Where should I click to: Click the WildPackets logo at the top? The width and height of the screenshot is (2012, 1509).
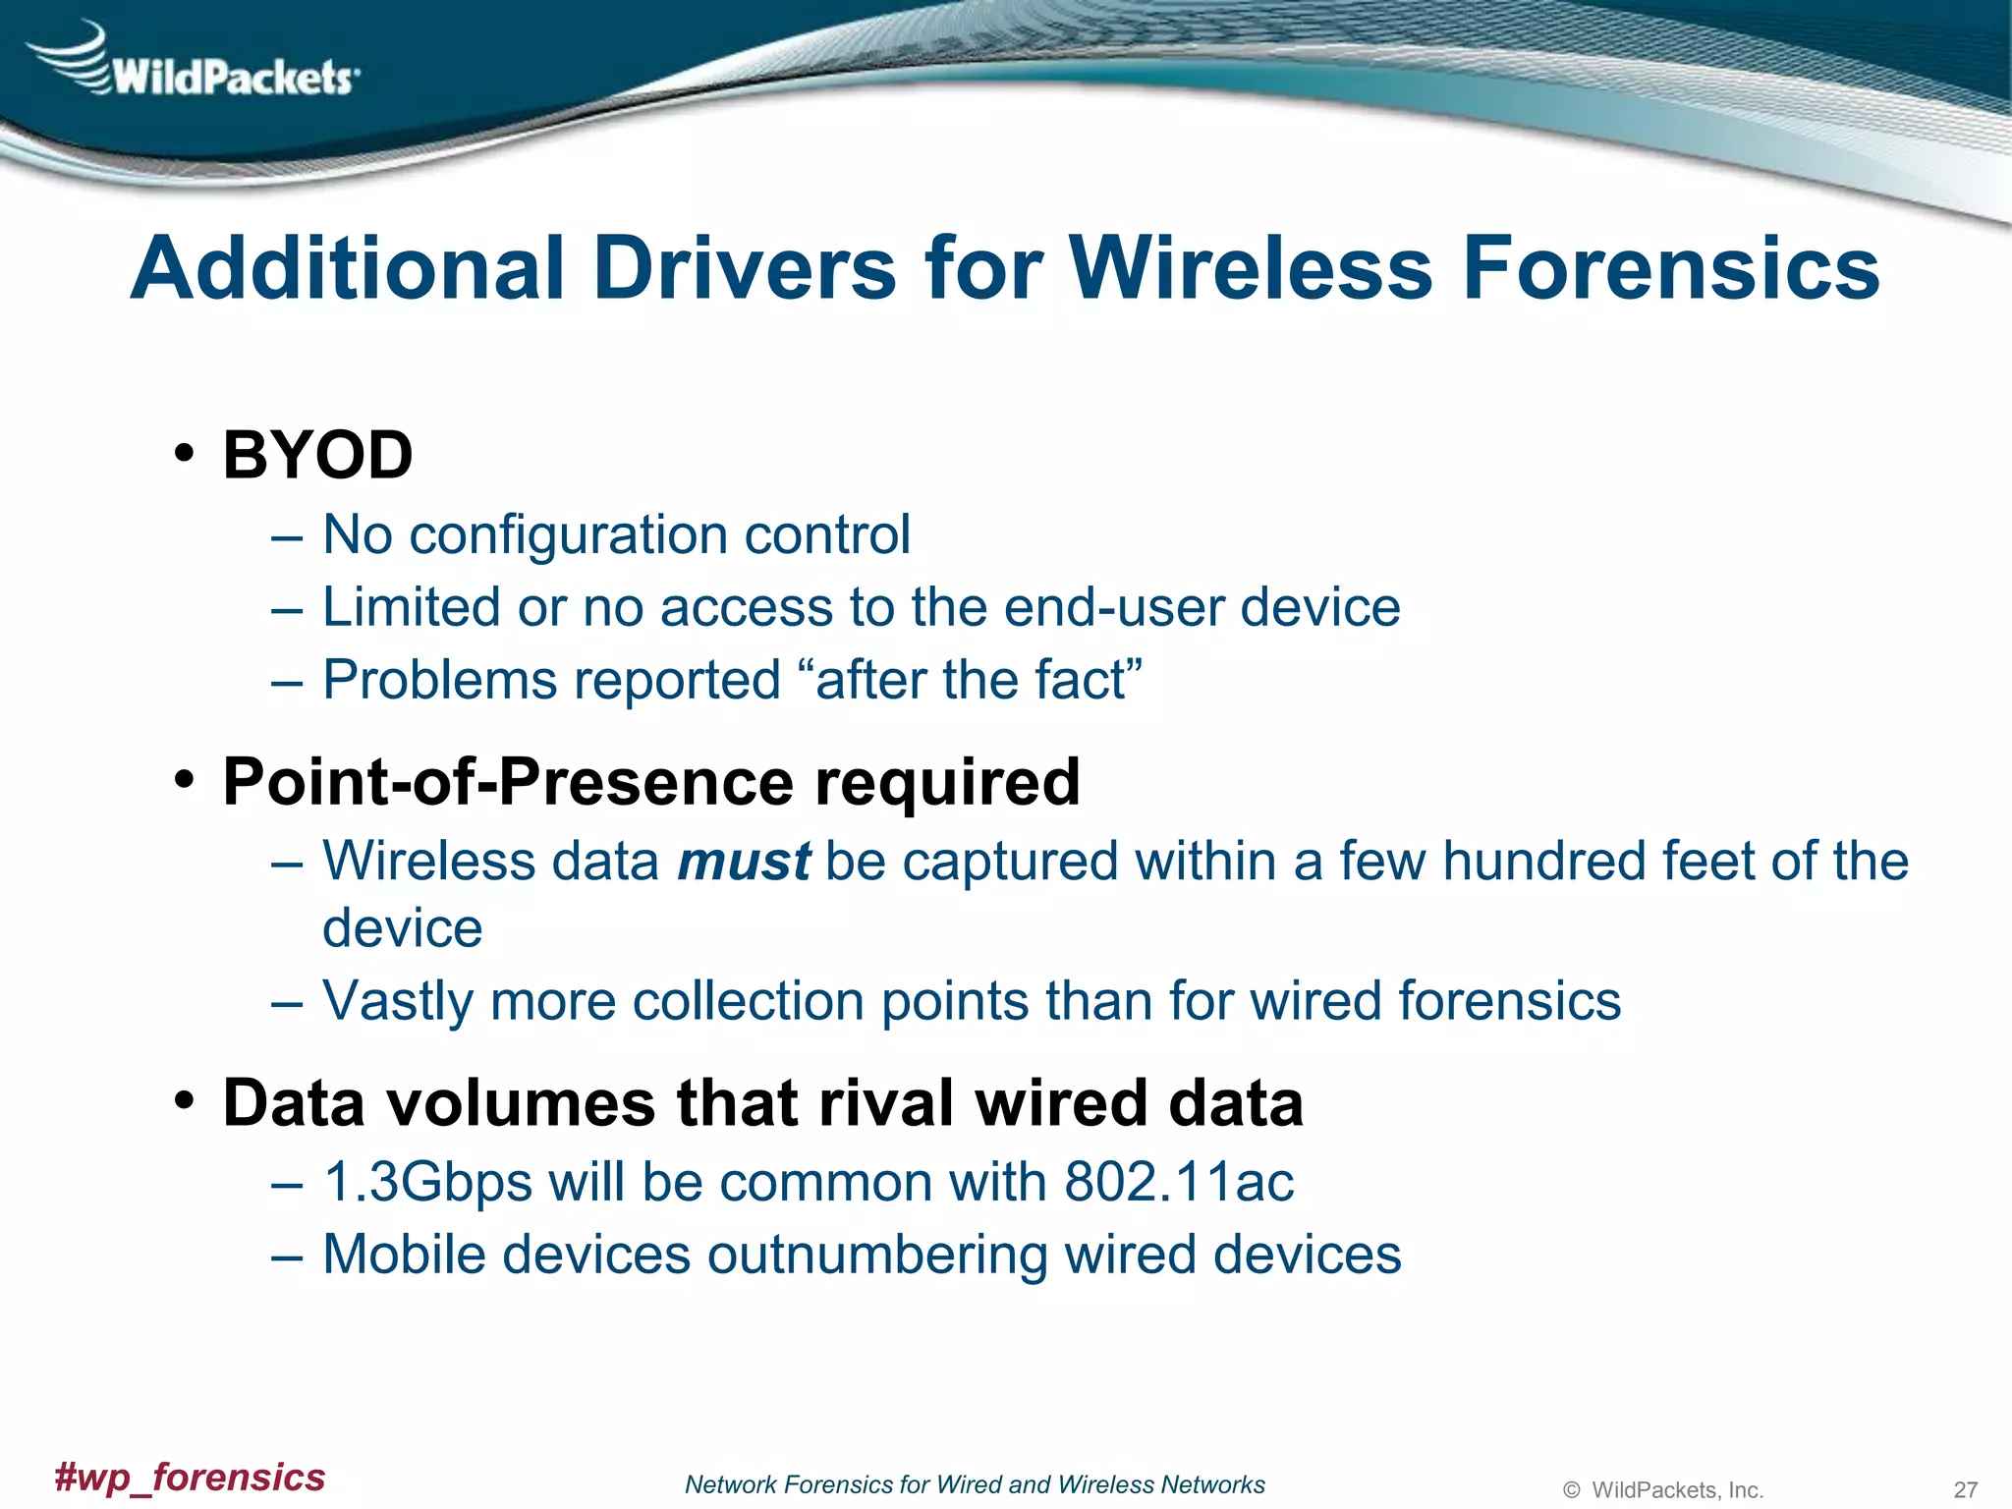point(196,64)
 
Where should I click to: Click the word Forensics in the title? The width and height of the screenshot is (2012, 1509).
point(1670,267)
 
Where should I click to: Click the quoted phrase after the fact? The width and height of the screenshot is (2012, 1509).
point(978,680)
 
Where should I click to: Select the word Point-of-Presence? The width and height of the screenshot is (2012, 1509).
point(509,782)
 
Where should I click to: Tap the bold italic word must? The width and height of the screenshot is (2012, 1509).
point(744,862)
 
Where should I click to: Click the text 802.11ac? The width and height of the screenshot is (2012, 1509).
point(1179,1182)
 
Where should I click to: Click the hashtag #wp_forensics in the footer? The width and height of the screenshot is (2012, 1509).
point(190,1477)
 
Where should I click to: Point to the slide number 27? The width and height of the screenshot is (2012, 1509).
point(1965,1489)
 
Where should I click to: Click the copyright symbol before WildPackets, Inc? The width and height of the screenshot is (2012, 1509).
point(1571,1490)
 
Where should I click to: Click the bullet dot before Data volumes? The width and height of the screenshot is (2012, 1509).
point(184,1100)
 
